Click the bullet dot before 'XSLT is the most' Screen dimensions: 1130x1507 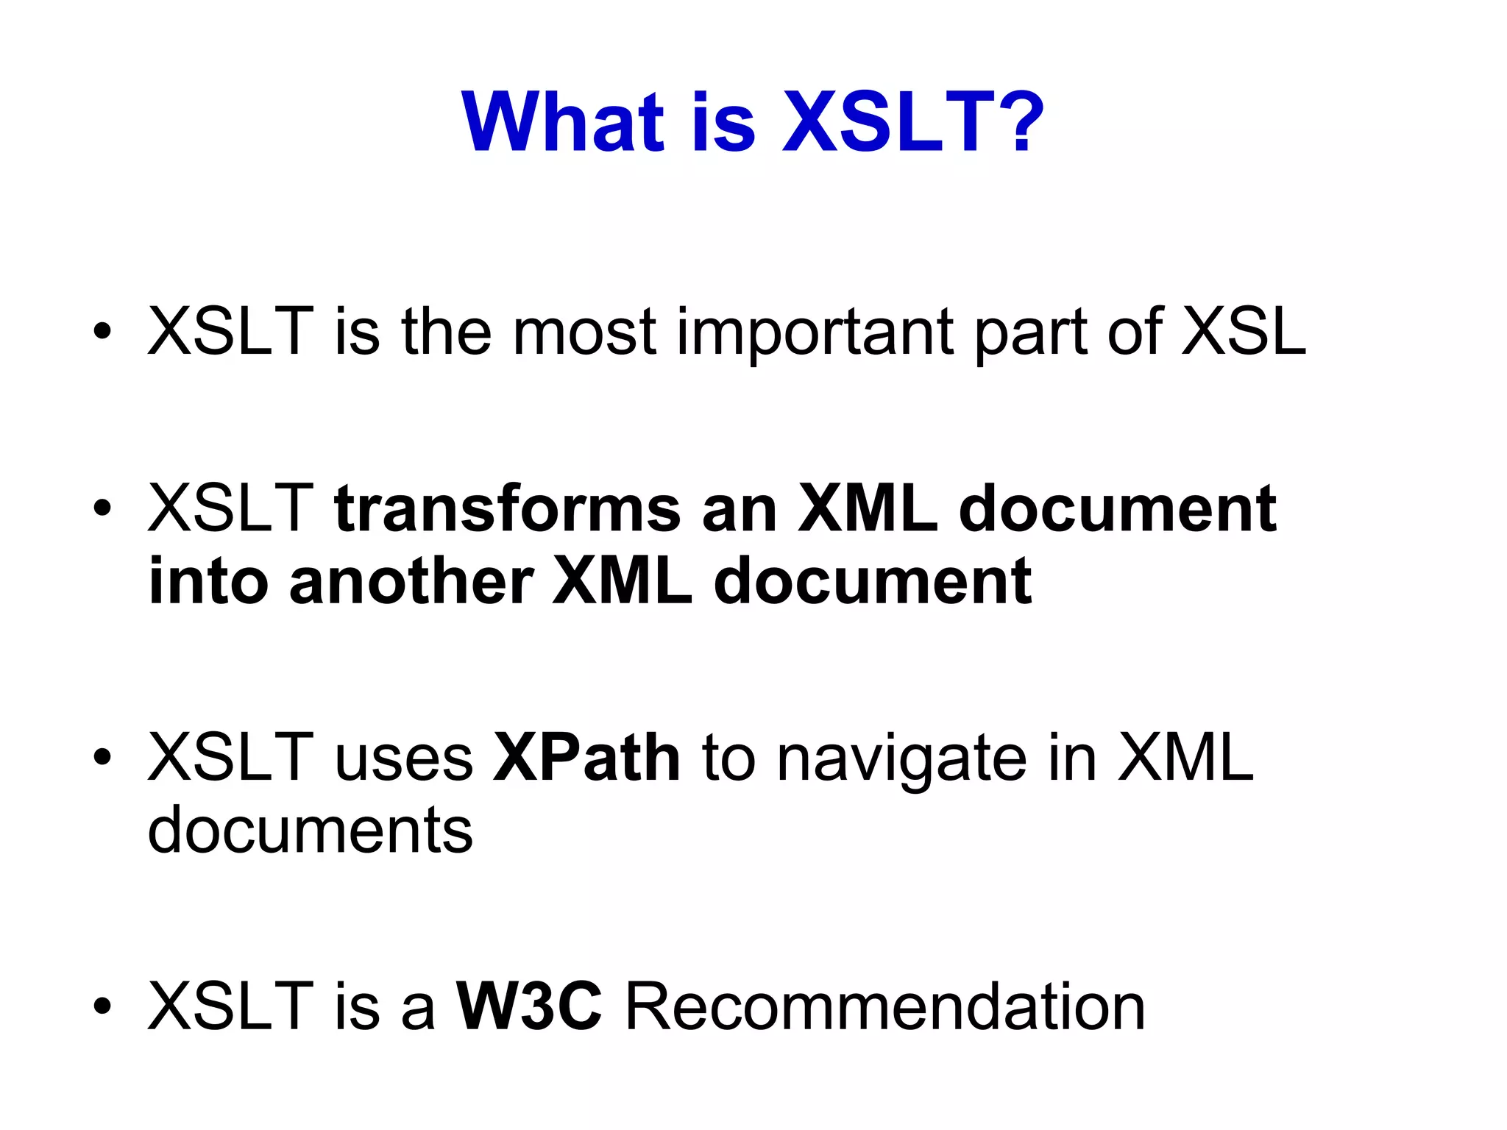click(x=103, y=332)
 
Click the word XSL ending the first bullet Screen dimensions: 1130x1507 click(x=1244, y=332)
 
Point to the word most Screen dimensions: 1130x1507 click(x=584, y=333)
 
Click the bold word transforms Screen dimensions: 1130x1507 click(x=508, y=508)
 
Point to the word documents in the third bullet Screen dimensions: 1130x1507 click(x=310, y=831)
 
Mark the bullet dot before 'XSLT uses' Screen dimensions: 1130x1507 click(x=103, y=757)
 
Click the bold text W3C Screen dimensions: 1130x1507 click(x=529, y=1006)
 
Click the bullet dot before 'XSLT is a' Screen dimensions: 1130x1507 click(x=103, y=1006)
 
